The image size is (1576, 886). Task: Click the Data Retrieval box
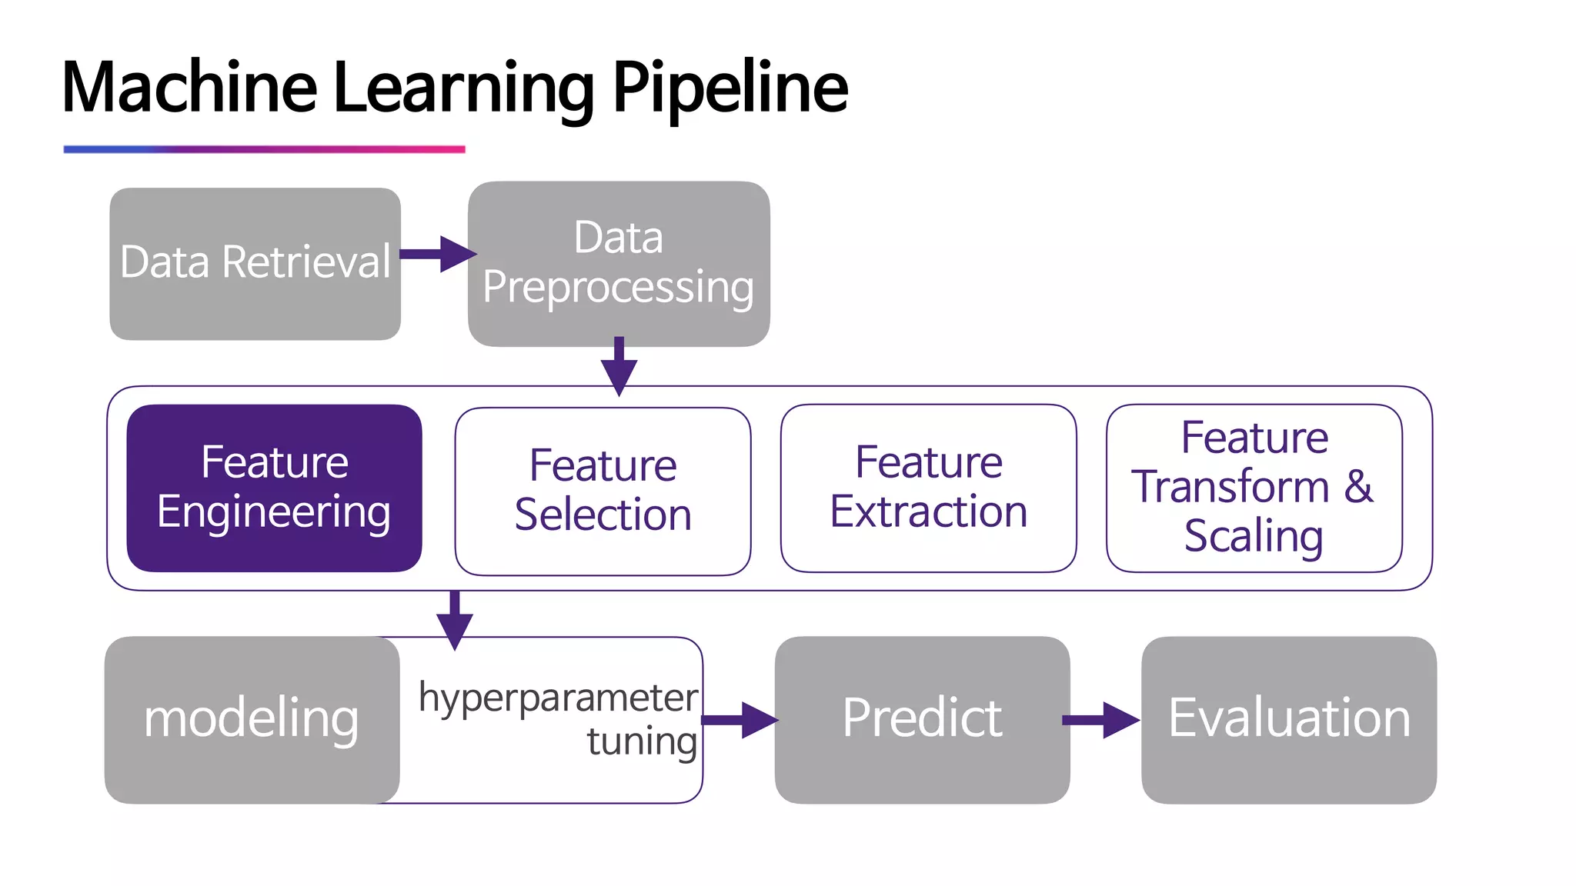255,264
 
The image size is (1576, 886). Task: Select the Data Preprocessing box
619,264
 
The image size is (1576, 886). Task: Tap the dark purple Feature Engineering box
274,488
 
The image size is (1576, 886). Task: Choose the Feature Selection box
603,491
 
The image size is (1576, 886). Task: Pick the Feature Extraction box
928,488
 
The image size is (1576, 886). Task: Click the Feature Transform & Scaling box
1254,488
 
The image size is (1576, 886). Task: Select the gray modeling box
252,719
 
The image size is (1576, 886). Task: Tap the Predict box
922,719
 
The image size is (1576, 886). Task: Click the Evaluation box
1289,719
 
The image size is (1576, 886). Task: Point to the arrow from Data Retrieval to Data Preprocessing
437,254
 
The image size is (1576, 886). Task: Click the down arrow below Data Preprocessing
619,366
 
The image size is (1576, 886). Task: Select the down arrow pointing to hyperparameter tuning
455,620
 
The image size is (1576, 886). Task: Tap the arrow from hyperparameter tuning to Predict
739,720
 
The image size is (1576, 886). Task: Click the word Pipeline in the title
730,88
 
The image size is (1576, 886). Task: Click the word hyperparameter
558,698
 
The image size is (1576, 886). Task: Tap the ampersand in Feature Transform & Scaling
1358,487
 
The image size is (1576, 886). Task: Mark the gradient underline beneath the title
264,149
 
